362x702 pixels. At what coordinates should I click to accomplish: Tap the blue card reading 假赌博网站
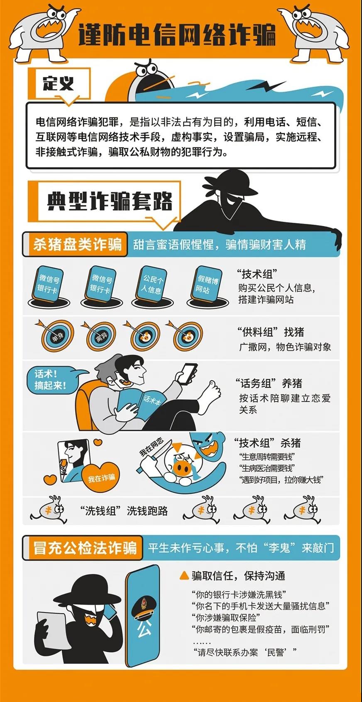(206, 284)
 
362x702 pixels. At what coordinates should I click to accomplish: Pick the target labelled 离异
(101, 337)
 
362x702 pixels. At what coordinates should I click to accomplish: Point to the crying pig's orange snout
(181, 467)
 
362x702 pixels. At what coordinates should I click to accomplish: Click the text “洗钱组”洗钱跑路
(124, 510)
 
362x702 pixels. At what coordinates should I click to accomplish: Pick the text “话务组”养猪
(269, 383)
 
